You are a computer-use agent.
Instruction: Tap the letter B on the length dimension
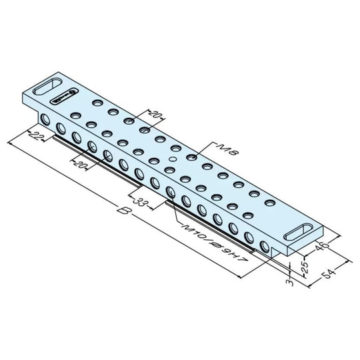[122, 214]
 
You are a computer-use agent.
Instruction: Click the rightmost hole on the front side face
[265, 246]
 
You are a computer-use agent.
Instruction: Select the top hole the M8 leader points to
[191, 157]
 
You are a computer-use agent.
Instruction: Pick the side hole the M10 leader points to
[171, 193]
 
